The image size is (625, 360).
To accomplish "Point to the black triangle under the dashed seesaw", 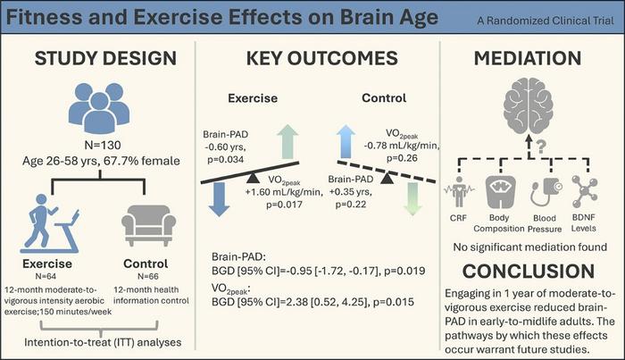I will click(389, 180).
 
